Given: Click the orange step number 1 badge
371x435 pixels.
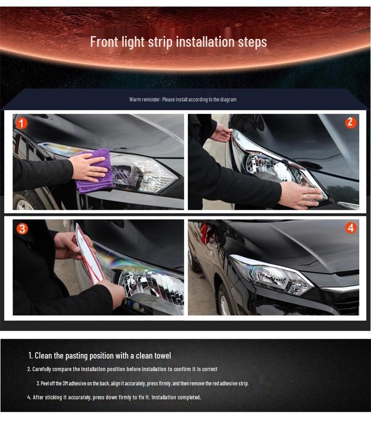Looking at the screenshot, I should coord(21,123).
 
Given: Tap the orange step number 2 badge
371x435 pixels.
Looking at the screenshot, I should coord(351,122).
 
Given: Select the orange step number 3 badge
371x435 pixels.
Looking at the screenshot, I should coord(22,229).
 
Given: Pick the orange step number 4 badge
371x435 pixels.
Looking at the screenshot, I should coord(351,228).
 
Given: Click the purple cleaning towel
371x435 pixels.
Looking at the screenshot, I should coord(95,171).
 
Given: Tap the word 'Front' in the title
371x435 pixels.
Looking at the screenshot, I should coord(104,42).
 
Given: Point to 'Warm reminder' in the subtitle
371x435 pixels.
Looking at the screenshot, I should coord(145,100).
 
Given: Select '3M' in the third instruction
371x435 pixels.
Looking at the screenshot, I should coord(65,384).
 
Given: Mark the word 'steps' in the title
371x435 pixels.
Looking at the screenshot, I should coord(251,42).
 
